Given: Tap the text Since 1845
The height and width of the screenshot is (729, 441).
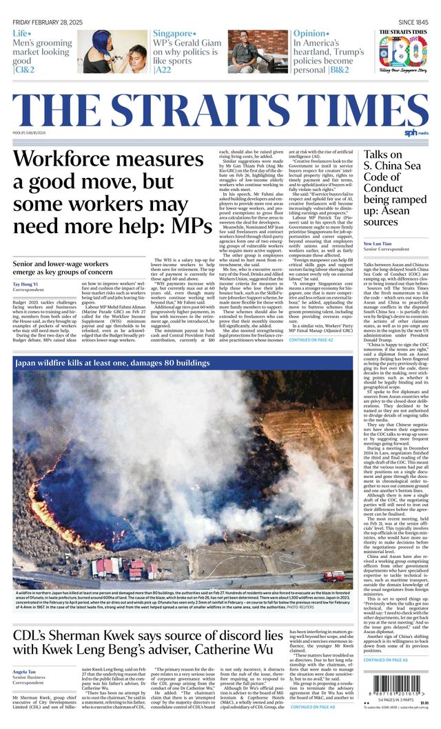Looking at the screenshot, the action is tap(413, 22).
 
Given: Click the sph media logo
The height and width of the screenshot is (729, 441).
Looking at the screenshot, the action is tap(416, 132).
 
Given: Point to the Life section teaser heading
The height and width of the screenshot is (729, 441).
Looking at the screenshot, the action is tap(21, 34).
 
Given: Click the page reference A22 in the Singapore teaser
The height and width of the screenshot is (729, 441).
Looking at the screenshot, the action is tap(163, 70).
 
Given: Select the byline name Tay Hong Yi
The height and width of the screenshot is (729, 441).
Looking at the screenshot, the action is tap(26, 284).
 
